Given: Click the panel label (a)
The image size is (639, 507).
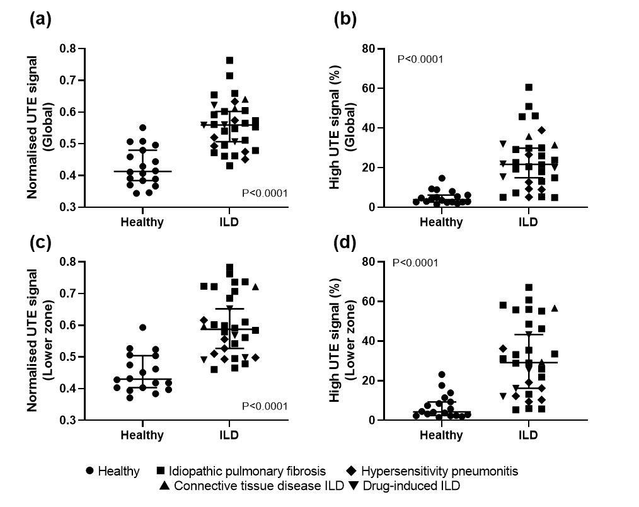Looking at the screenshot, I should point(40,20).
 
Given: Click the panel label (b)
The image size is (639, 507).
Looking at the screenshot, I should point(345,20).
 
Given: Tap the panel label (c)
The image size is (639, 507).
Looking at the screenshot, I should point(40,244).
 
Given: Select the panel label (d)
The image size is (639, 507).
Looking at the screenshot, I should point(345,244).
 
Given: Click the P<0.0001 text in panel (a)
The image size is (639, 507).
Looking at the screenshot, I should point(265,193).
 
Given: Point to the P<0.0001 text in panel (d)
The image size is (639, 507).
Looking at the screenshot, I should point(415,263).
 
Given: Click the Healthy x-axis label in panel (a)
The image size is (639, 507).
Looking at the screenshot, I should point(142,222).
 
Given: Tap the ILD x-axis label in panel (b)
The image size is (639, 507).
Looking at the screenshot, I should point(528,222).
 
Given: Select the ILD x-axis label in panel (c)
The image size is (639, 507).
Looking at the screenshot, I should point(230,435).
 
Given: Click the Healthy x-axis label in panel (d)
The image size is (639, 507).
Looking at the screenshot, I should point(442,435).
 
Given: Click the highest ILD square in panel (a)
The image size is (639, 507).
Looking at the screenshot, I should point(230,60).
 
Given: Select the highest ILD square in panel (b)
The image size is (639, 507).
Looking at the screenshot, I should point(529,87).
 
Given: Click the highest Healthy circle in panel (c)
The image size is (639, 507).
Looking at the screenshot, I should point(143,328).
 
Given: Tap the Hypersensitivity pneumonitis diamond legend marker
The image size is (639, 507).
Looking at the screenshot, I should point(352,470).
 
